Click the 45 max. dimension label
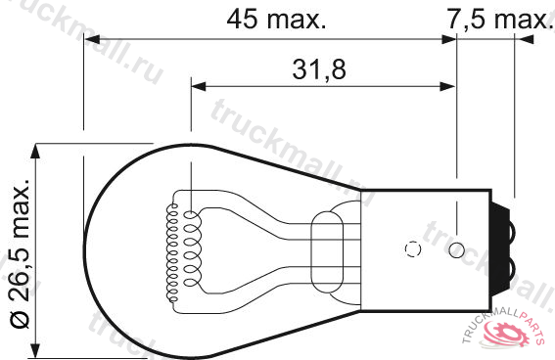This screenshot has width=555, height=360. (276, 20)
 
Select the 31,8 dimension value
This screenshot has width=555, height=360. (319, 69)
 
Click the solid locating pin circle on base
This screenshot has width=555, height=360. (456, 250)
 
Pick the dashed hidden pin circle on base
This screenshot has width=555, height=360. (413, 248)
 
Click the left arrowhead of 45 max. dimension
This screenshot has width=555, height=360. (92, 39)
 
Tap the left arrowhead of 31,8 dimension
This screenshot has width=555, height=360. (199, 86)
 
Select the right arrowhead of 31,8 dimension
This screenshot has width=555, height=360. (447, 86)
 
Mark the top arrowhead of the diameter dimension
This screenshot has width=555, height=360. (34, 152)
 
